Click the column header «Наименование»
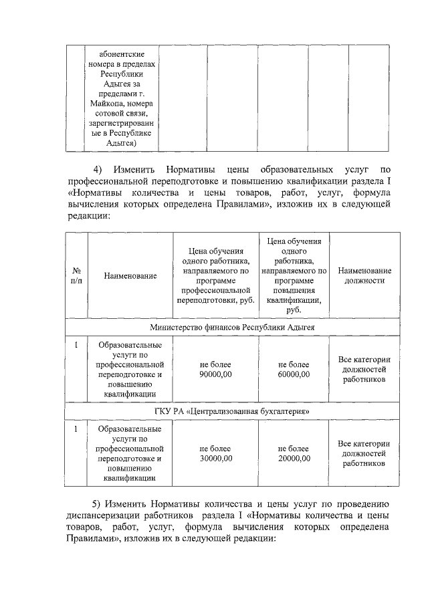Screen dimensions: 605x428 (x=130, y=275)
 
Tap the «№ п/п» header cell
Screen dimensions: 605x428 (x=76, y=275)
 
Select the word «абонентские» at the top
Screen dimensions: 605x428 (x=121, y=53)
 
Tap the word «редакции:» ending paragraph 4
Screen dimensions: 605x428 (x=89, y=216)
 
